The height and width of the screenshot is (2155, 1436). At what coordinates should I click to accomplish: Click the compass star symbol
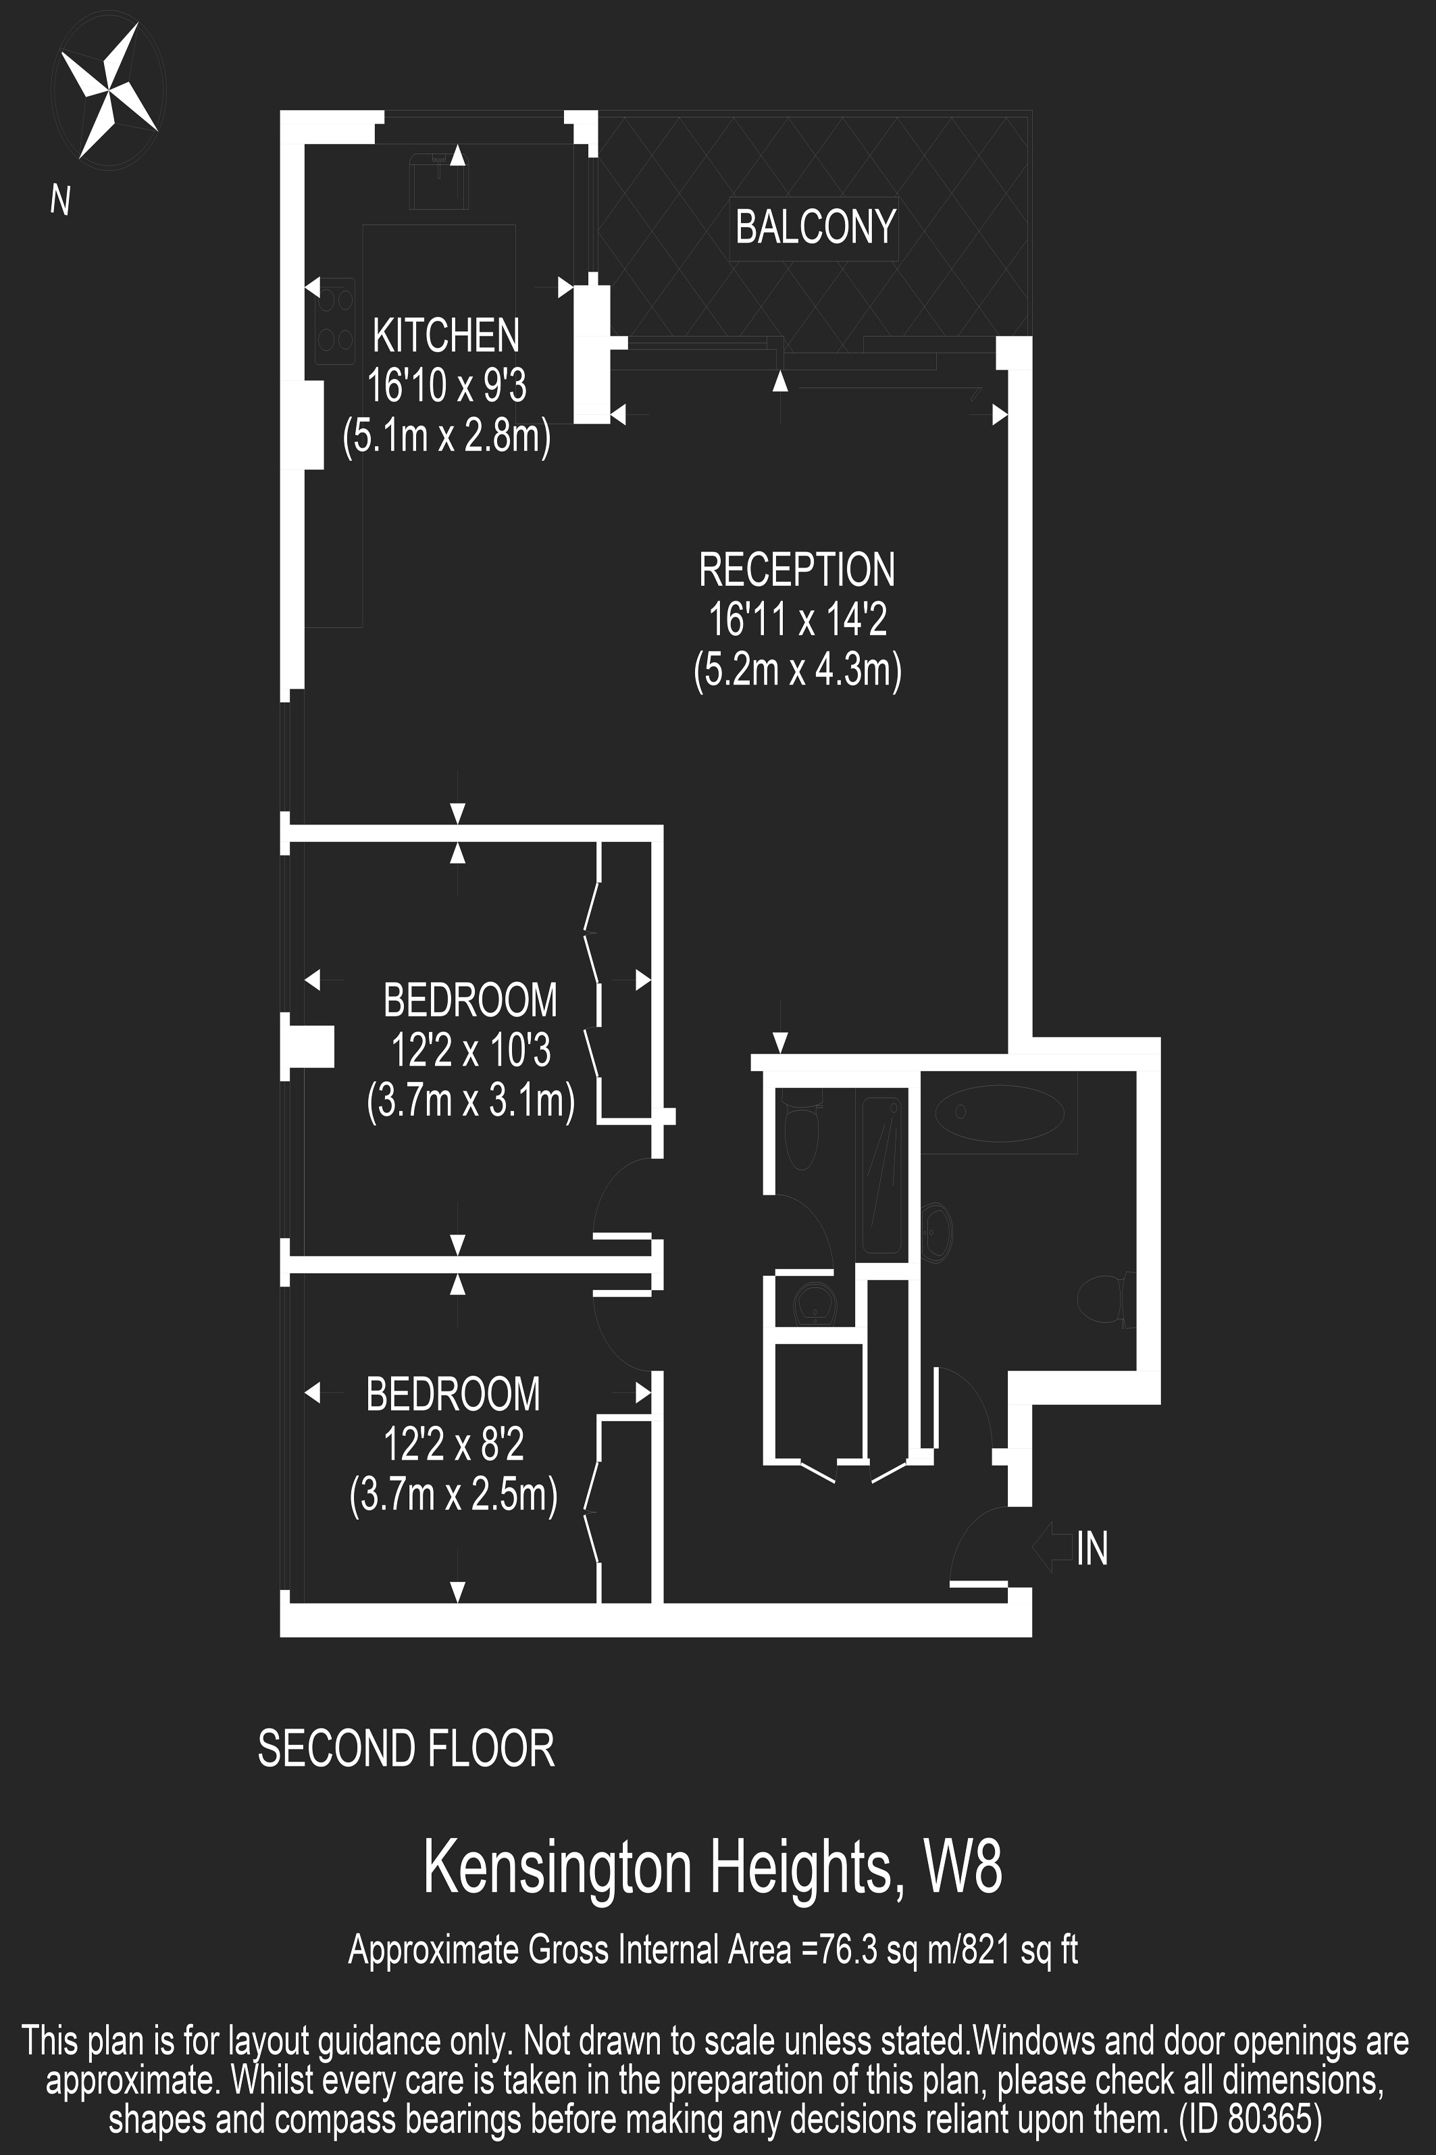[x=108, y=90]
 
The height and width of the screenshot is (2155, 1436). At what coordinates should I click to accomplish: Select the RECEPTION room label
[x=797, y=570]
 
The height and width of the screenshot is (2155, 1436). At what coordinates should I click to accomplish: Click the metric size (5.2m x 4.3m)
[x=797, y=670]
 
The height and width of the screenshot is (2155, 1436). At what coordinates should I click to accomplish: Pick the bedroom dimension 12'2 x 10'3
[x=471, y=1050]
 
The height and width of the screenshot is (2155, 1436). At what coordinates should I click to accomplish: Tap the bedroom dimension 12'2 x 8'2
[x=453, y=1445]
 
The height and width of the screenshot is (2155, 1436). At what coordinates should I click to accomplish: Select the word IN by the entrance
[x=1093, y=1548]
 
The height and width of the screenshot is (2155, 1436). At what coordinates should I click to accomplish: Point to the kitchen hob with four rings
[x=334, y=321]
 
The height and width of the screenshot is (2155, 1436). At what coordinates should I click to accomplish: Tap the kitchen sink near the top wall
[x=438, y=178]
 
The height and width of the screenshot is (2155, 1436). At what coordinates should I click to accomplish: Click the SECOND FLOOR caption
[x=406, y=1748]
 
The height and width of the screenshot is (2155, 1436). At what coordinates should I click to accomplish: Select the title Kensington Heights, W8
[x=713, y=1868]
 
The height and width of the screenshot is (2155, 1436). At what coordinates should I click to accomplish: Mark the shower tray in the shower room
[x=882, y=1176]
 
